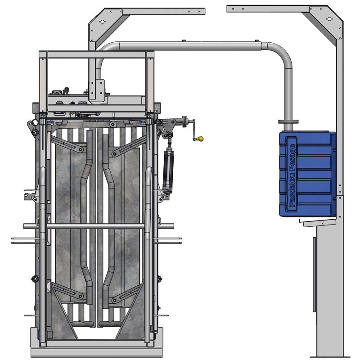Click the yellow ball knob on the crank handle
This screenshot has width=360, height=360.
point(201,139)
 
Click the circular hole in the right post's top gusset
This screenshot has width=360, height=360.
point(329,19)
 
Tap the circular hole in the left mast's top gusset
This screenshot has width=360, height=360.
point(102,22)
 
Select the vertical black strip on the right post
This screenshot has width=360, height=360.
point(314,274)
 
